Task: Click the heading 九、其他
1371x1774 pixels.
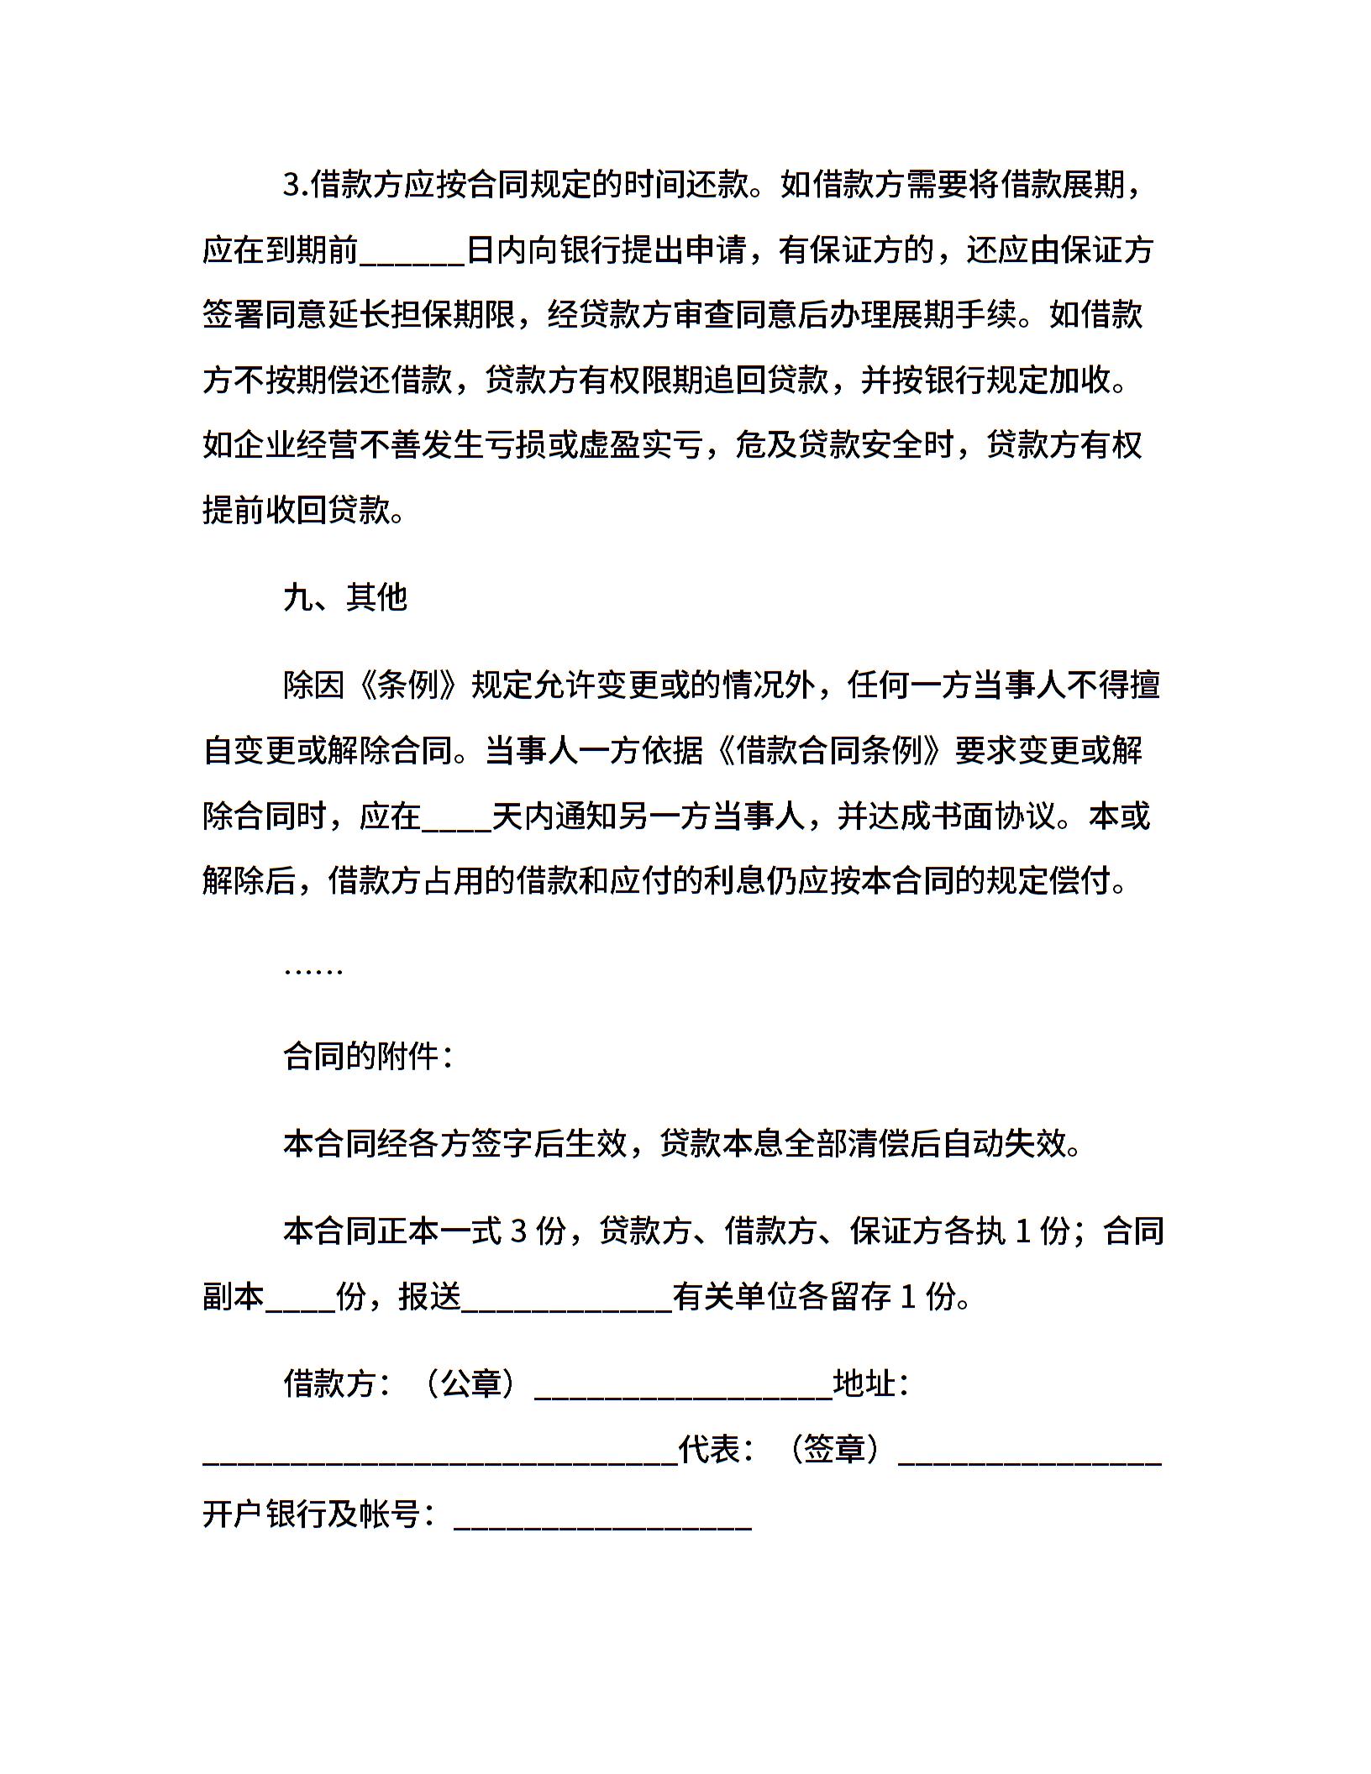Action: pyautogui.click(x=345, y=597)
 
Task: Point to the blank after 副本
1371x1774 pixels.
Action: pyautogui.click(x=300, y=1299)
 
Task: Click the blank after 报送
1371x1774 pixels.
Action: pyautogui.click(x=567, y=1299)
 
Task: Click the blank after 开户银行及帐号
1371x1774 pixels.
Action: pyautogui.click(x=602, y=1516)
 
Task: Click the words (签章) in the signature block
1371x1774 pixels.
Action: pyautogui.click(x=835, y=1449)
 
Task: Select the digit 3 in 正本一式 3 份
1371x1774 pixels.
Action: pyautogui.click(x=518, y=1231)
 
